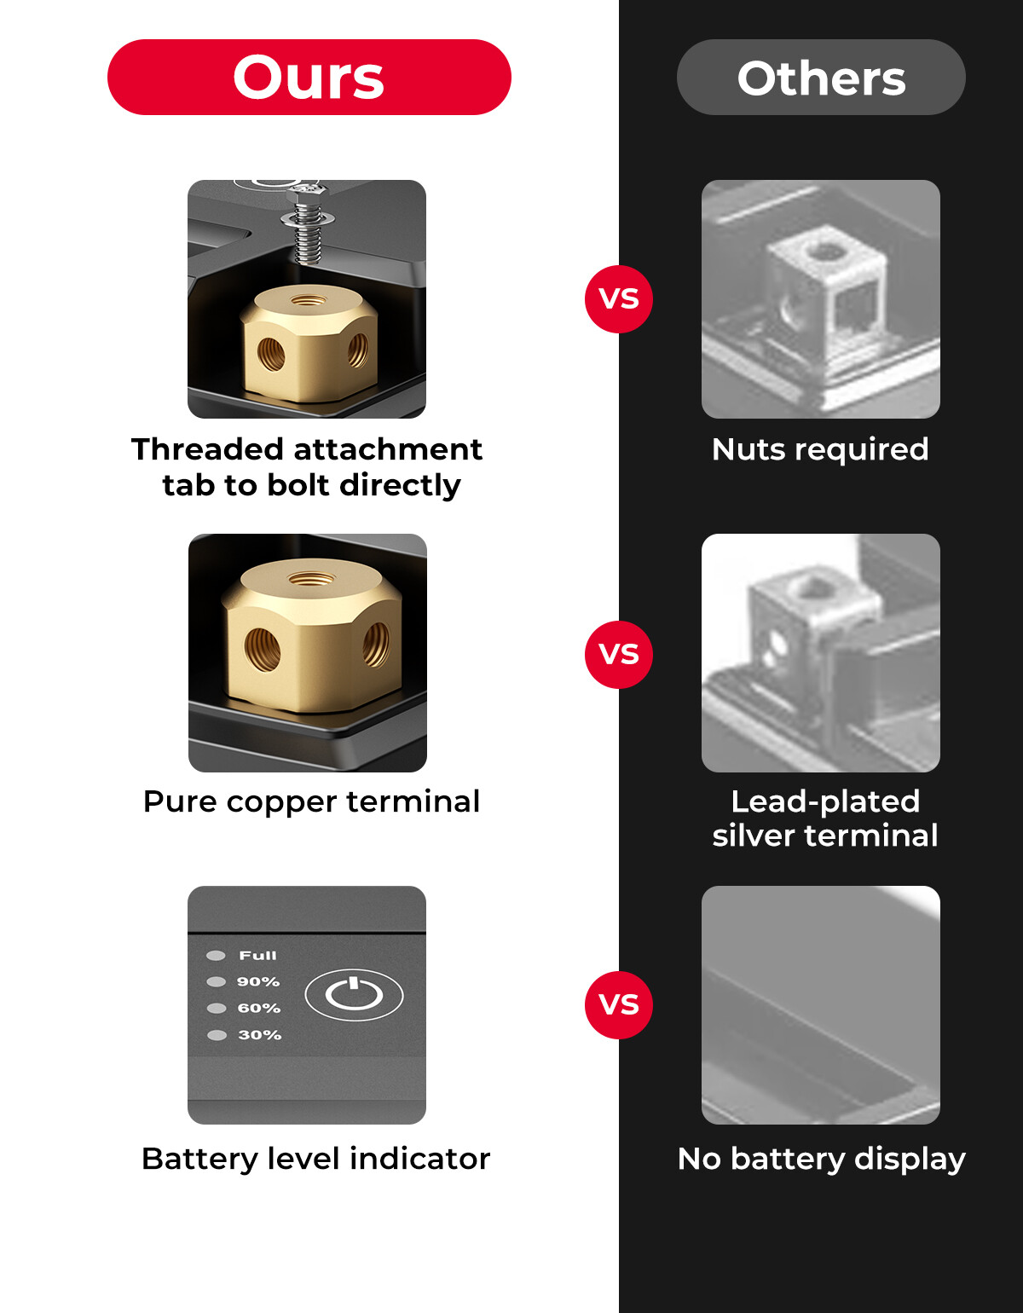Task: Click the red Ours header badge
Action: tap(309, 77)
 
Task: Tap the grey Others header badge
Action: tap(821, 77)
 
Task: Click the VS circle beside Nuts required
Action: tap(619, 298)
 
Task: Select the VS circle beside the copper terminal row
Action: tap(619, 654)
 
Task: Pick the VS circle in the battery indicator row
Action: tap(619, 1004)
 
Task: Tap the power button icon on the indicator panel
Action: tap(354, 994)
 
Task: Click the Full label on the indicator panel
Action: tap(257, 956)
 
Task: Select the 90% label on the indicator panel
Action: tap(258, 982)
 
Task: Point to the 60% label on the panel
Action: tap(259, 1009)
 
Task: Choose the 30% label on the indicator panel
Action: tap(259, 1035)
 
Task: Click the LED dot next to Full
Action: tap(217, 956)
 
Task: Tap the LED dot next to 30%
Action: tap(217, 1035)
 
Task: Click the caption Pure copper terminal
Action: tap(311, 801)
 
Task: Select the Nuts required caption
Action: tap(820, 448)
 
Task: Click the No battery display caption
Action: tap(822, 1159)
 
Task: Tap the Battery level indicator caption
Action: tap(315, 1159)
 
